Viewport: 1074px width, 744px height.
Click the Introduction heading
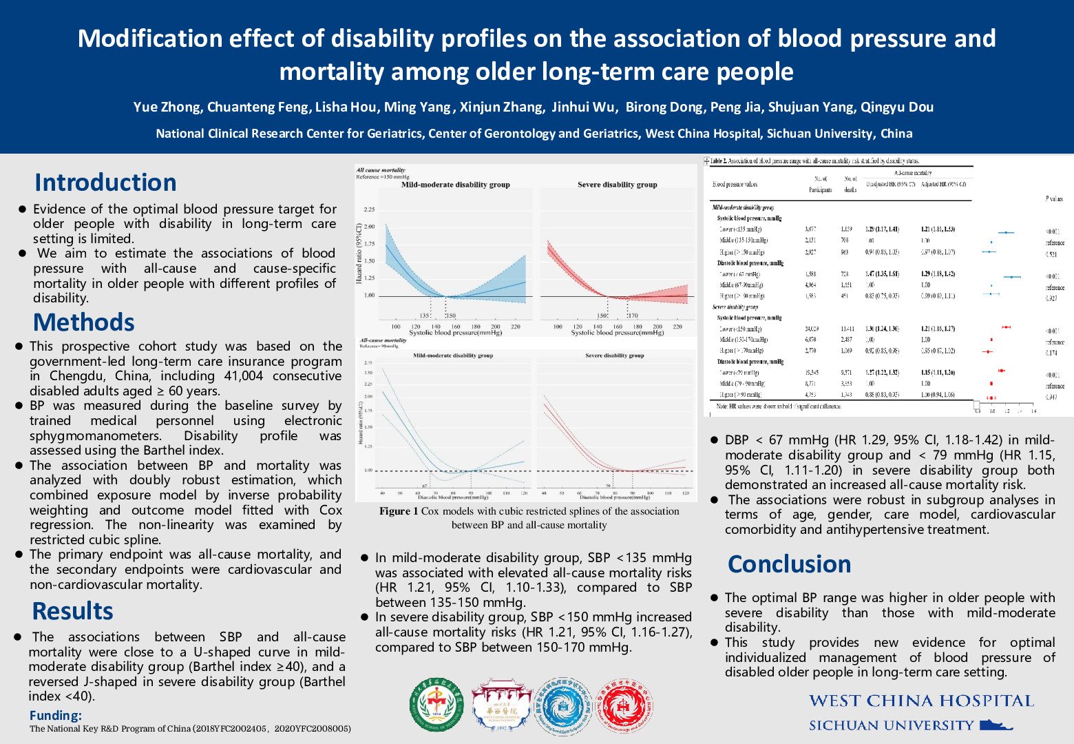coord(105,183)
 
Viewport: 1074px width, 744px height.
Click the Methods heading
coord(83,322)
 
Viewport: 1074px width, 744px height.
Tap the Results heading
coord(72,611)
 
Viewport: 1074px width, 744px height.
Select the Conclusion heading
coord(789,564)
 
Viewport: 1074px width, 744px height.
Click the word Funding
coord(55,716)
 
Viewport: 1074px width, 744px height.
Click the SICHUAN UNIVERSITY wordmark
coord(891,725)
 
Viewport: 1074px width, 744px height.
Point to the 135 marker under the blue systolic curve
coord(425,316)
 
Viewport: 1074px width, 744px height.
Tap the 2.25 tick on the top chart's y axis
coord(369,209)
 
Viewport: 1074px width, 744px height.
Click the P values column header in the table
coord(1053,198)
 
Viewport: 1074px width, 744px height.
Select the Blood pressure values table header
coord(735,185)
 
